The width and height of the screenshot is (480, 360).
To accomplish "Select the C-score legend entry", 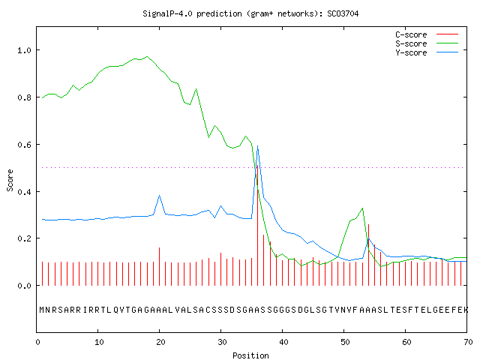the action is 427,34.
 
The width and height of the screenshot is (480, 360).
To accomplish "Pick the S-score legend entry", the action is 427,43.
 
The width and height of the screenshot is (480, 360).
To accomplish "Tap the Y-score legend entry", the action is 427,52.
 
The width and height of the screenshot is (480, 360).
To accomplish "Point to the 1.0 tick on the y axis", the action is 24,50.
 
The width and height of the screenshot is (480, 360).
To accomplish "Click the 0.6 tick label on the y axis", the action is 24,145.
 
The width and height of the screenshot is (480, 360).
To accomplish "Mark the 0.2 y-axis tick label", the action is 24,238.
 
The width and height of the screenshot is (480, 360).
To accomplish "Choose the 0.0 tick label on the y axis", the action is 24,286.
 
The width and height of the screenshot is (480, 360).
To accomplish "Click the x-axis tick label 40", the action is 283,342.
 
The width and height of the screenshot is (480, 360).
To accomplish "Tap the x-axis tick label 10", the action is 99,342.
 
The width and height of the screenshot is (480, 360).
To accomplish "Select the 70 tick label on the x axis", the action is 468,342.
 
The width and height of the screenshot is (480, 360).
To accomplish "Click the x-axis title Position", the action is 250,355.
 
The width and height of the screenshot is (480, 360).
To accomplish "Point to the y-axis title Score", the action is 10,180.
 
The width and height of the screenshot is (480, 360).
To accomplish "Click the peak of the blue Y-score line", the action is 258,146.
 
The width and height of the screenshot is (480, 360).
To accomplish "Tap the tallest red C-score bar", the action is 258,225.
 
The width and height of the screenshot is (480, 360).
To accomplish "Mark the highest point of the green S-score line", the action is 147,57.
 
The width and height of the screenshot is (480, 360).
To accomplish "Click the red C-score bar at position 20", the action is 160,267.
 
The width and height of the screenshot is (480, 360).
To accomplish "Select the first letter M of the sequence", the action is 42,310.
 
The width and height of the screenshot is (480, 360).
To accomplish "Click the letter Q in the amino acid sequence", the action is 116,310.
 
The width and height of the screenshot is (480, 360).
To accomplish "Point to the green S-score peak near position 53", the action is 363,208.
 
